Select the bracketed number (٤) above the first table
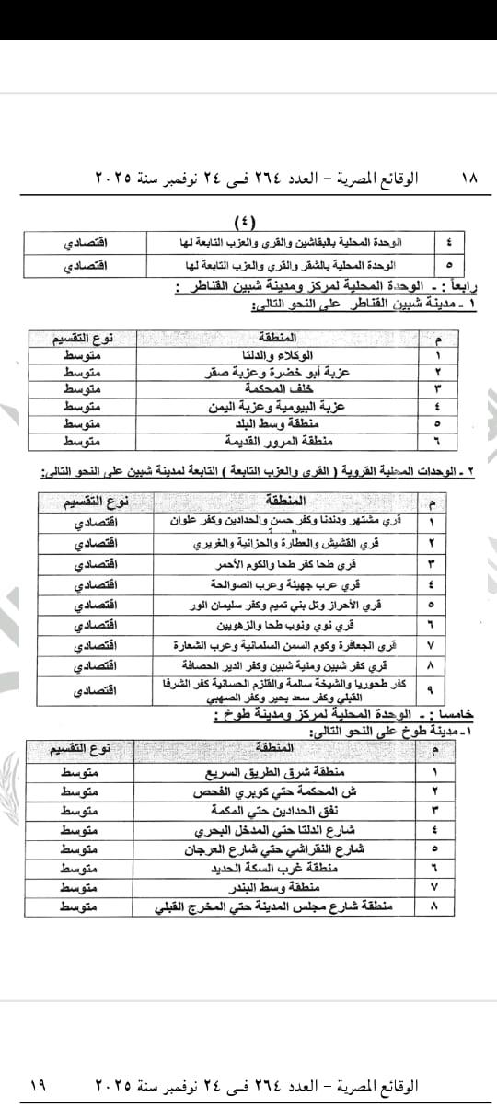[247, 221]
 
